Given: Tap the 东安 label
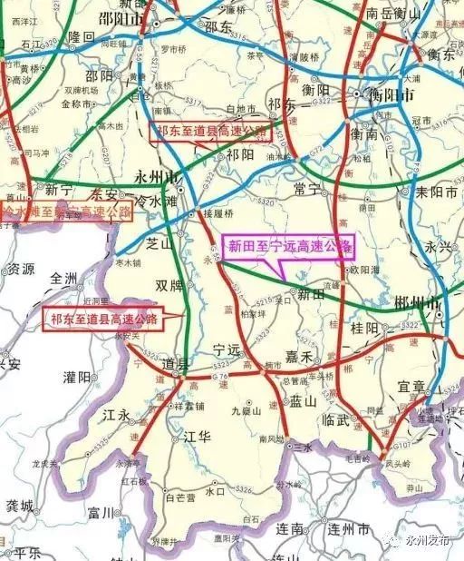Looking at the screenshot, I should coord(105,192).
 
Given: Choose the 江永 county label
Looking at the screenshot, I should coord(118,415).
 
